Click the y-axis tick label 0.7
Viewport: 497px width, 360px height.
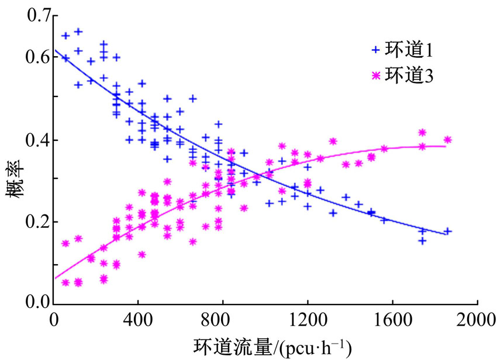(x=36, y=16)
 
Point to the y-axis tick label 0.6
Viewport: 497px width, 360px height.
(x=36, y=58)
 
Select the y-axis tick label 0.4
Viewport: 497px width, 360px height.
(x=36, y=140)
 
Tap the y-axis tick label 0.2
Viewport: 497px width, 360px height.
(x=36, y=222)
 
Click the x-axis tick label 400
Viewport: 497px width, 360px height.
(x=139, y=320)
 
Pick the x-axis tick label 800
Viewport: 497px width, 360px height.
(x=223, y=320)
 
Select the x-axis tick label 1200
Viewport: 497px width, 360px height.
(x=308, y=320)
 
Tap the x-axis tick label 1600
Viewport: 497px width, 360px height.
(x=392, y=320)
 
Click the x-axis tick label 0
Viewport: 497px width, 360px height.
(x=54, y=320)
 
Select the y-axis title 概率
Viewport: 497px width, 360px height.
(x=14, y=187)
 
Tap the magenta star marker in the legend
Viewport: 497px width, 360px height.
(x=375, y=75)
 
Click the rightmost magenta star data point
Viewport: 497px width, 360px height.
(x=448, y=140)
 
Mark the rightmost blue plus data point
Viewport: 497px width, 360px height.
(x=448, y=231)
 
